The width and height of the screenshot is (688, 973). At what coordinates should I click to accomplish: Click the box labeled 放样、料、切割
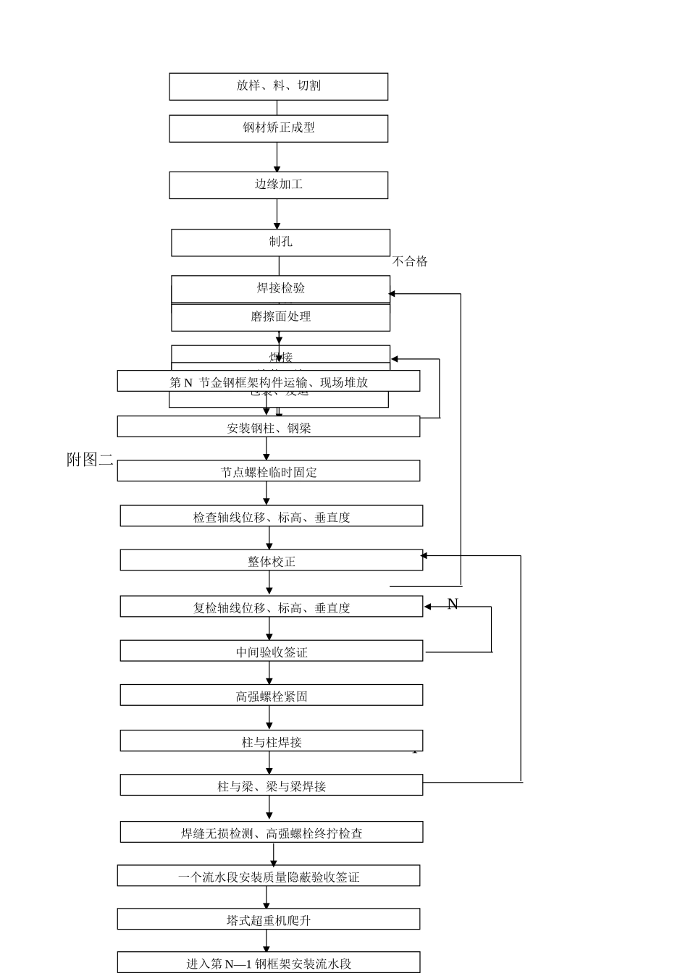tap(278, 86)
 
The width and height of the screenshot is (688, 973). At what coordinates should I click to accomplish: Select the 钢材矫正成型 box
tap(278, 128)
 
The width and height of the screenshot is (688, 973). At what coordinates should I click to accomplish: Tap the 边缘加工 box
tap(278, 185)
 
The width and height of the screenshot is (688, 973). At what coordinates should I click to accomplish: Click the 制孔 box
tap(280, 242)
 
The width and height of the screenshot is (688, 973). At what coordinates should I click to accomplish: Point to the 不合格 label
tap(410, 261)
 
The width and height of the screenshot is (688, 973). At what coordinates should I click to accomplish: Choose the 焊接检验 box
tap(280, 288)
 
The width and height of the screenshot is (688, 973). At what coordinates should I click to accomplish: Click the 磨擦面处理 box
tap(280, 317)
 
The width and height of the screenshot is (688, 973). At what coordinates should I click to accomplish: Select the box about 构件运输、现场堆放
tap(269, 382)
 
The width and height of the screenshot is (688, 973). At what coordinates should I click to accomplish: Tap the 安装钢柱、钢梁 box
tap(269, 427)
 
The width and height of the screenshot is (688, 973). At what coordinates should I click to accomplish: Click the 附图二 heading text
tap(90, 460)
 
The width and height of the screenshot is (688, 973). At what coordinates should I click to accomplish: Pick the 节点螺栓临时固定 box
tap(269, 471)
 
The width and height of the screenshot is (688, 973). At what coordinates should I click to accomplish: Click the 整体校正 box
tap(272, 560)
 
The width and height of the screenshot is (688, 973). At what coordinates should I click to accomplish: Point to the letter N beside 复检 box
tap(453, 604)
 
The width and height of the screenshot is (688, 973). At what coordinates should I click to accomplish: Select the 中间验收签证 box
tap(272, 651)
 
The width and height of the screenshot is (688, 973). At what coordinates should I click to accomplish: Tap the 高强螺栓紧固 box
tap(272, 696)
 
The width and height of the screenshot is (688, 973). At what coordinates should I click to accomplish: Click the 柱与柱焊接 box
tap(272, 741)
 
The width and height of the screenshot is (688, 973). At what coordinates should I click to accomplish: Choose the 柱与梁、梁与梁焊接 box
tap(272, 785)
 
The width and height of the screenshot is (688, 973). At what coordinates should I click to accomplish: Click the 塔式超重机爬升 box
tap(269, 920)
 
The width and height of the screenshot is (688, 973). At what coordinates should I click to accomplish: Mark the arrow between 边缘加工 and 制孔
tap(277, 214)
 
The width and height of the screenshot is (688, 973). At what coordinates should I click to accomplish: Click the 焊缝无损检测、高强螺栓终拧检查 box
tap(272, 833)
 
